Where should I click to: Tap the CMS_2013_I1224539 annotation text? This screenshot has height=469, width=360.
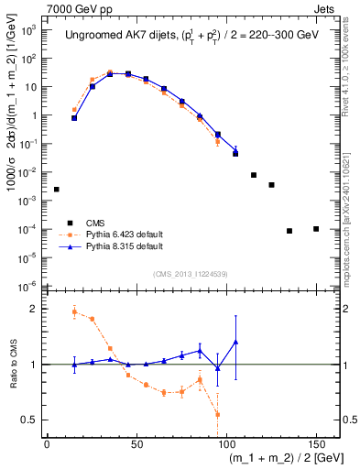191,273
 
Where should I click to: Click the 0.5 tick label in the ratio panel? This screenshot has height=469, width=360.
31,420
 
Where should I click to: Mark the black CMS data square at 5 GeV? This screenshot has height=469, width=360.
56,190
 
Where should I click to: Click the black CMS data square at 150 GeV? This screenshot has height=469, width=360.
316,229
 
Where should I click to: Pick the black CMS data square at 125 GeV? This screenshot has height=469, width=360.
271,185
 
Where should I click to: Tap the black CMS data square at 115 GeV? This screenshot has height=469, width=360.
254,175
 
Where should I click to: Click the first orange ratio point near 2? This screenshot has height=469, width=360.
74,312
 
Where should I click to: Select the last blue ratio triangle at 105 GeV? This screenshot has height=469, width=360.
235,342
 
